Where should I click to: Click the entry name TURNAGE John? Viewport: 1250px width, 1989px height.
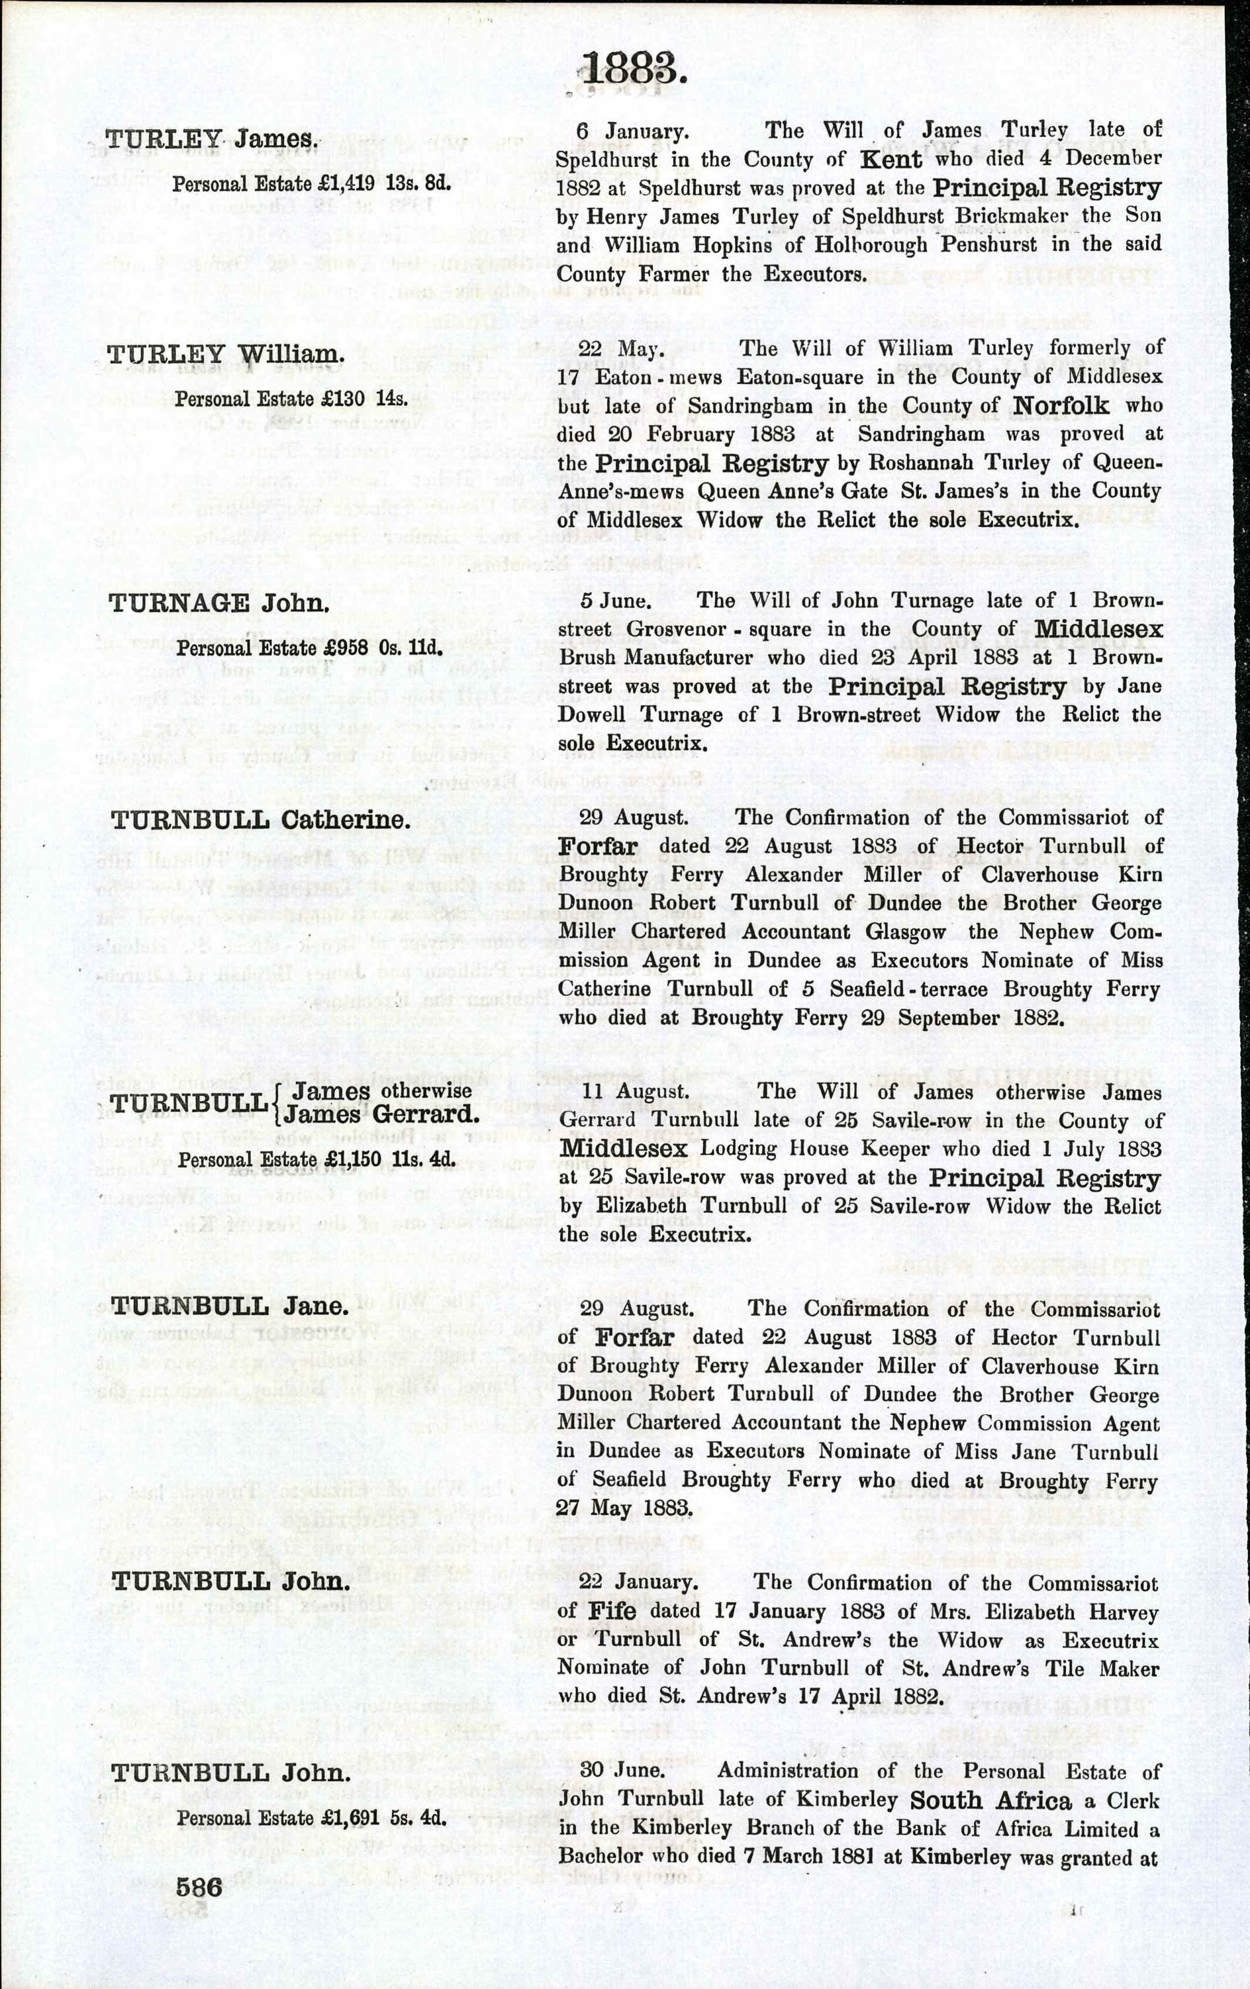[219, 603]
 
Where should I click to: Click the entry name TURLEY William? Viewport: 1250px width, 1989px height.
[225, 355]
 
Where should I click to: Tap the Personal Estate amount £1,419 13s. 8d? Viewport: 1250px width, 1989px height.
[311, 183]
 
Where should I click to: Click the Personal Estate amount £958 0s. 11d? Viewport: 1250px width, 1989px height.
[310, 648]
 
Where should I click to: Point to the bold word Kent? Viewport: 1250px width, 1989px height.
[891, 159]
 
